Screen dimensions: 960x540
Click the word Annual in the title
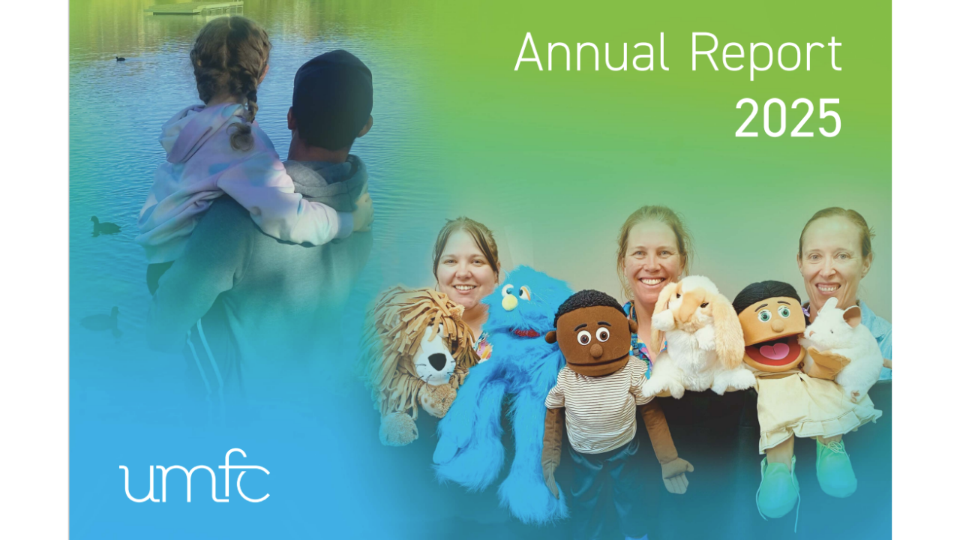(x=592, y=52)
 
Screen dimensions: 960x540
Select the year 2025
(x=788, y=118)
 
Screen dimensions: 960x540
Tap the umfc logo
(x=194, y=475)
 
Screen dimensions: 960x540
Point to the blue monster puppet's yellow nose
(x=509, y=302)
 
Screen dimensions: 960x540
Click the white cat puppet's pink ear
(x=851, y=316)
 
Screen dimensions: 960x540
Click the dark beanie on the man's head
(x=333, y=92)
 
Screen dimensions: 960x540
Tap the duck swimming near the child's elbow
(x=104, y=226)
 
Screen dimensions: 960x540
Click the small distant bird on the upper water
(x=121, y=58)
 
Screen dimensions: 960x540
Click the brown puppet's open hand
(x=677, y=475)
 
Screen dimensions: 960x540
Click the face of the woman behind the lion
(x=466, y=270)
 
